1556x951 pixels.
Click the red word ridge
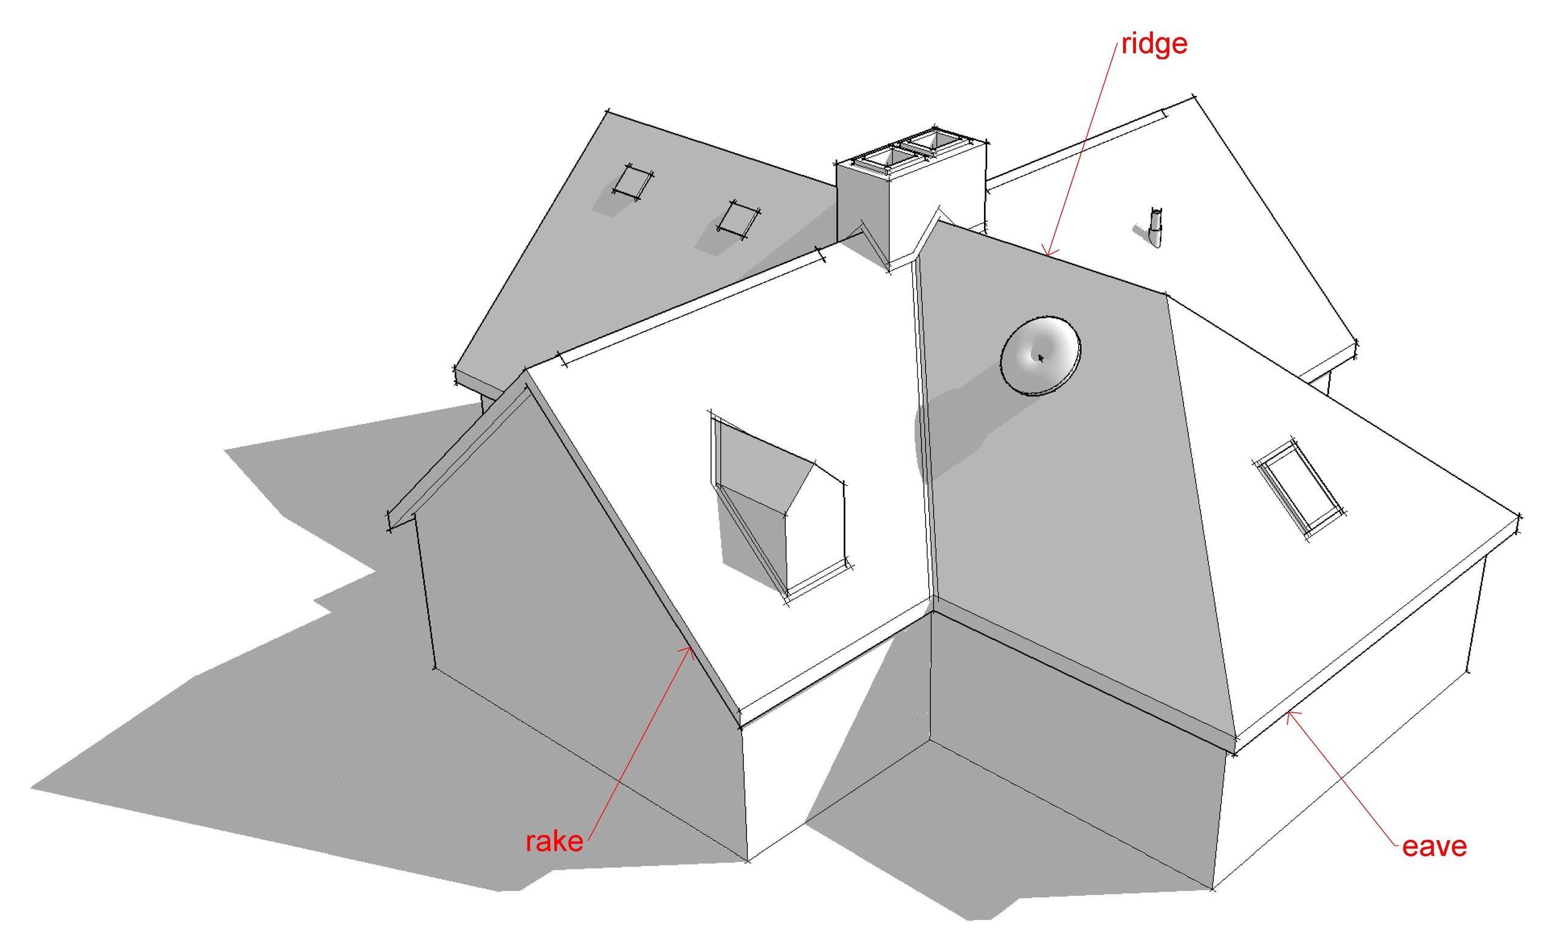(x=1154, y=45)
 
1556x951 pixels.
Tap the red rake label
(x=554, y=841)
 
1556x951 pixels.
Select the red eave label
(x=1434, y=847)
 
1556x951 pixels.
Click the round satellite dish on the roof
(x=1040, y=356)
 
